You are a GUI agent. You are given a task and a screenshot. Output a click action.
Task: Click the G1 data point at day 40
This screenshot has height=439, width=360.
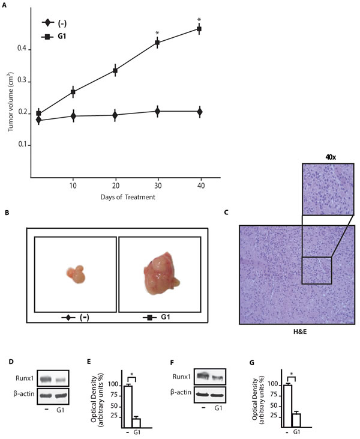point(200,29)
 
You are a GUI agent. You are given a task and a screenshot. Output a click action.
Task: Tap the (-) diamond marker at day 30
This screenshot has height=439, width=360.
point(157,111)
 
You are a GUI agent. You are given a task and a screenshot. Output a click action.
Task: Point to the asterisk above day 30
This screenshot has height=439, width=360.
point(157,33)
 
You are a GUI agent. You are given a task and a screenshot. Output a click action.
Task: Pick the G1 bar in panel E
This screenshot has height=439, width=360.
point(136,422)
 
